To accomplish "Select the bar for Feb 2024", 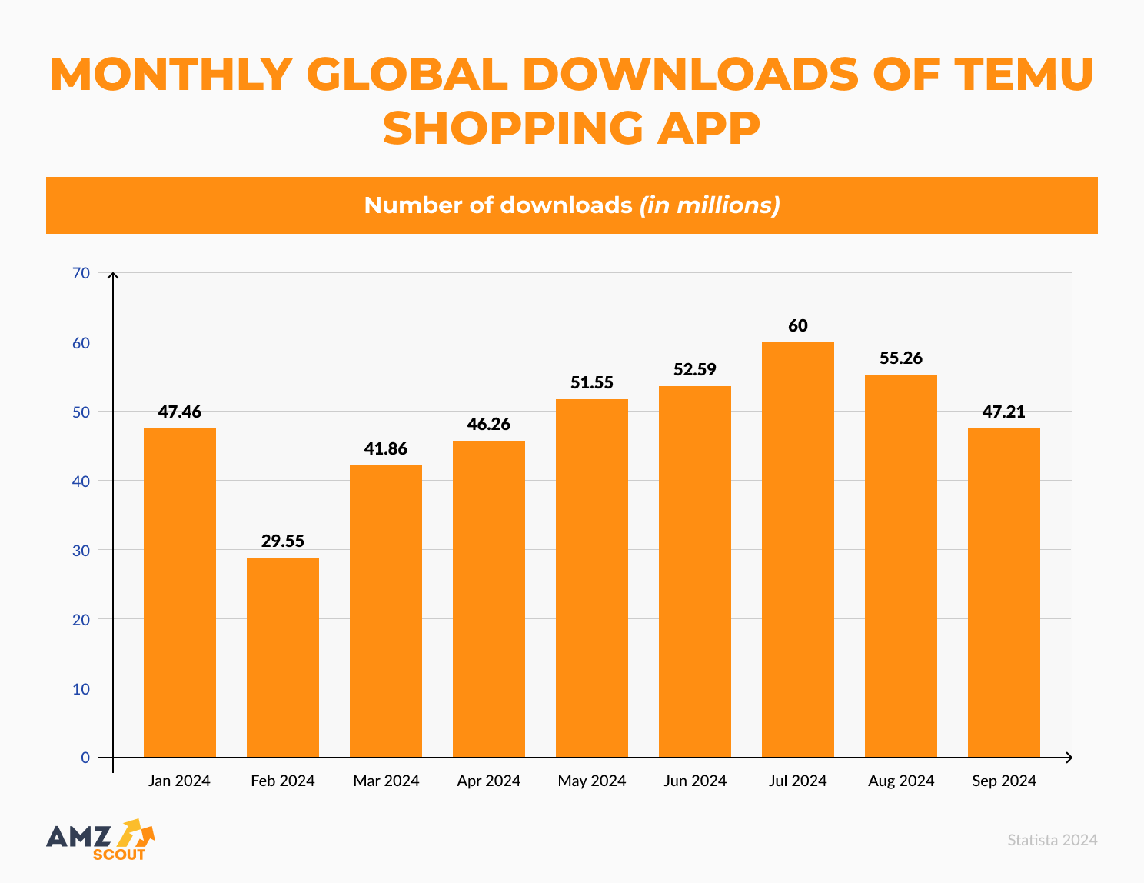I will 283,658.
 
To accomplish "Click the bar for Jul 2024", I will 798,550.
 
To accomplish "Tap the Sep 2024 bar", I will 1004,593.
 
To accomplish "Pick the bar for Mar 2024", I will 386,611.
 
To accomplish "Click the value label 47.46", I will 180,412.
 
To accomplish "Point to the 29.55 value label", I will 283,541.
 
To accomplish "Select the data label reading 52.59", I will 695,369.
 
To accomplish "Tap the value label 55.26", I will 901,358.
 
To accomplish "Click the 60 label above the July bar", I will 798,325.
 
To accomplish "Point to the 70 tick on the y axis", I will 81,273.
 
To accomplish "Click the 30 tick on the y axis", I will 81,550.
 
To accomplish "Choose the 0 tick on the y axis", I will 85,758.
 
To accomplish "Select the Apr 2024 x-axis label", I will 489,781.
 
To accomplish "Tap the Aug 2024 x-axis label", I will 901,781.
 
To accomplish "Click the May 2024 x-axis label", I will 592,781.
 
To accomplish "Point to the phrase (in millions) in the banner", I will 710,205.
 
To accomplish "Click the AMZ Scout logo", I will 100,839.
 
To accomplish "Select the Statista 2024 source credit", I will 1053,840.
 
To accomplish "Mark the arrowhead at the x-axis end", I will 1069,758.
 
